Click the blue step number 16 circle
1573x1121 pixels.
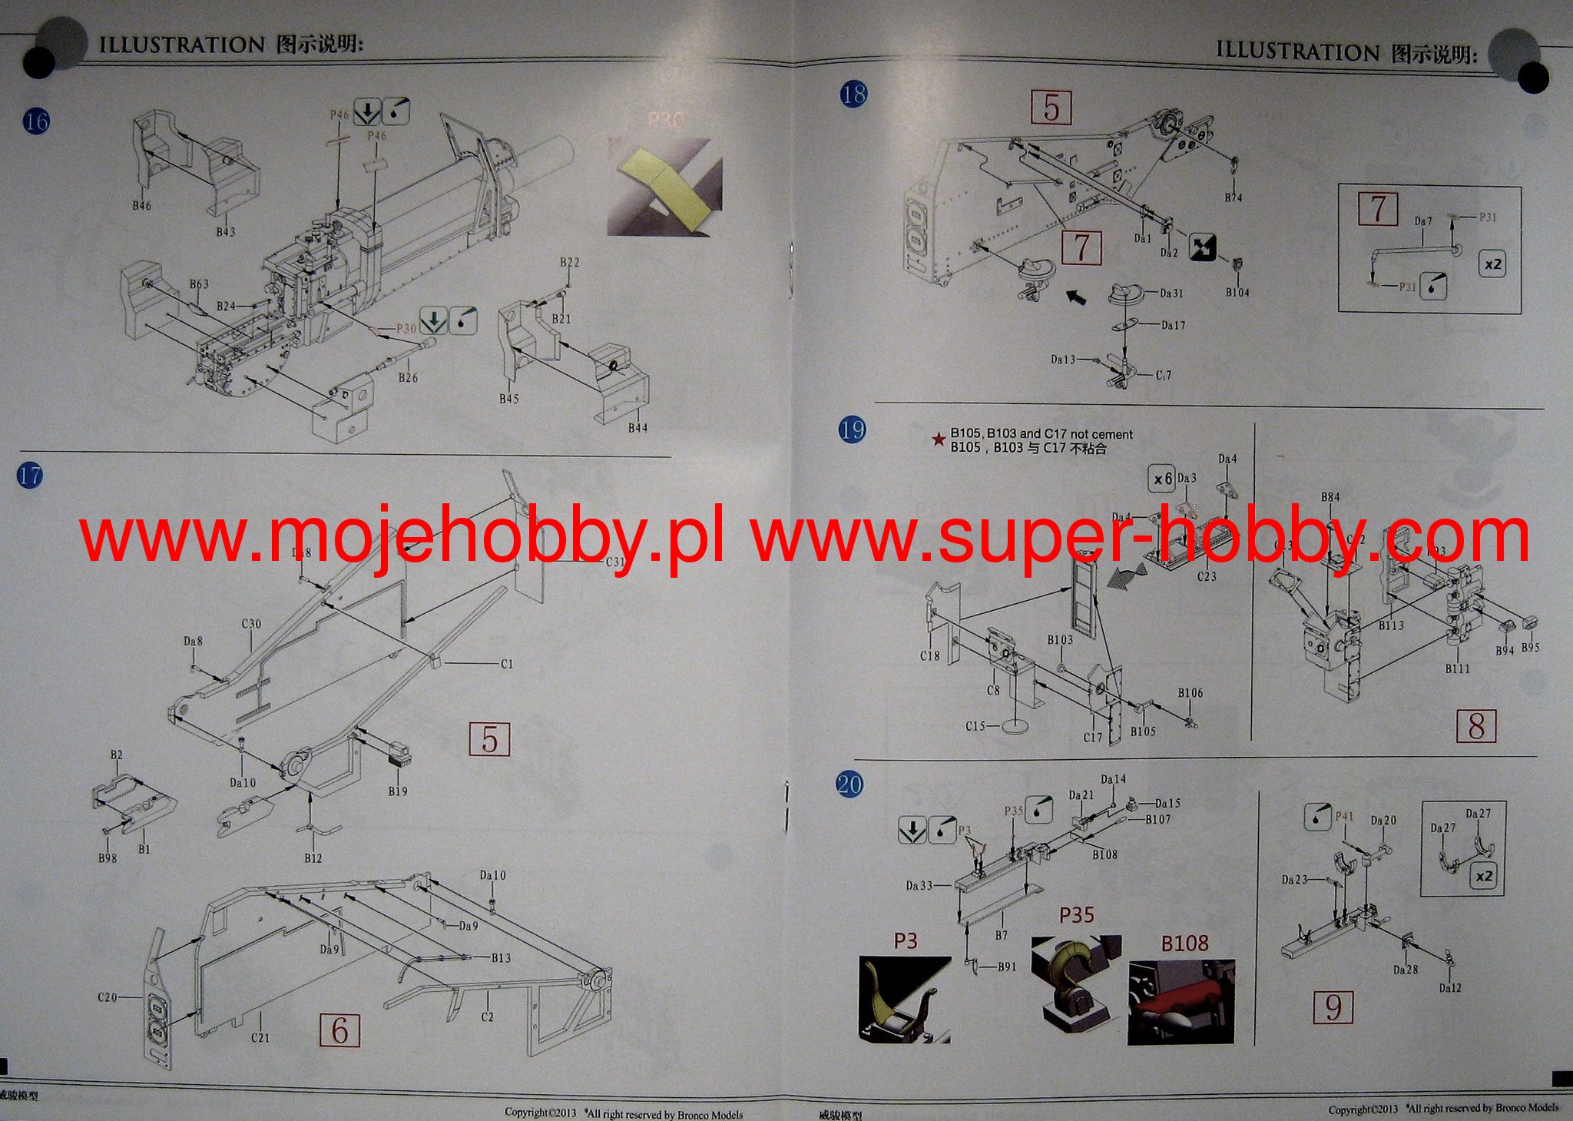coord(36,121)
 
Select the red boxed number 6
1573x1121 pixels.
coord(339,1030)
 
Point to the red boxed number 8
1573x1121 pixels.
coord(1476,725)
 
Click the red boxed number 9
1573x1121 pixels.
coord(1333,1007)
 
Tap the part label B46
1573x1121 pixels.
coord(141,206)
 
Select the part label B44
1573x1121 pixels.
coord(637,428)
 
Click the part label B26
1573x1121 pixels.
coord(408,378)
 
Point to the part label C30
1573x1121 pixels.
coord(251,624)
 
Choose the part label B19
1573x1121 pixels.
coord(398,791)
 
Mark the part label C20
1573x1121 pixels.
coord(107,997)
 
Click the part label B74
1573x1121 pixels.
coord(1233,198)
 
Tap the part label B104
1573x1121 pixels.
coord(1237,293)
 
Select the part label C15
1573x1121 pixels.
coord(975,725)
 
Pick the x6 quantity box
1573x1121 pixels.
coord(1162,479)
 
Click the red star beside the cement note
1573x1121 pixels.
coord(938,439)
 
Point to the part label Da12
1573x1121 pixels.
coord(1450,988)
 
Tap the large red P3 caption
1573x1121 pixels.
coord(906,941)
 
